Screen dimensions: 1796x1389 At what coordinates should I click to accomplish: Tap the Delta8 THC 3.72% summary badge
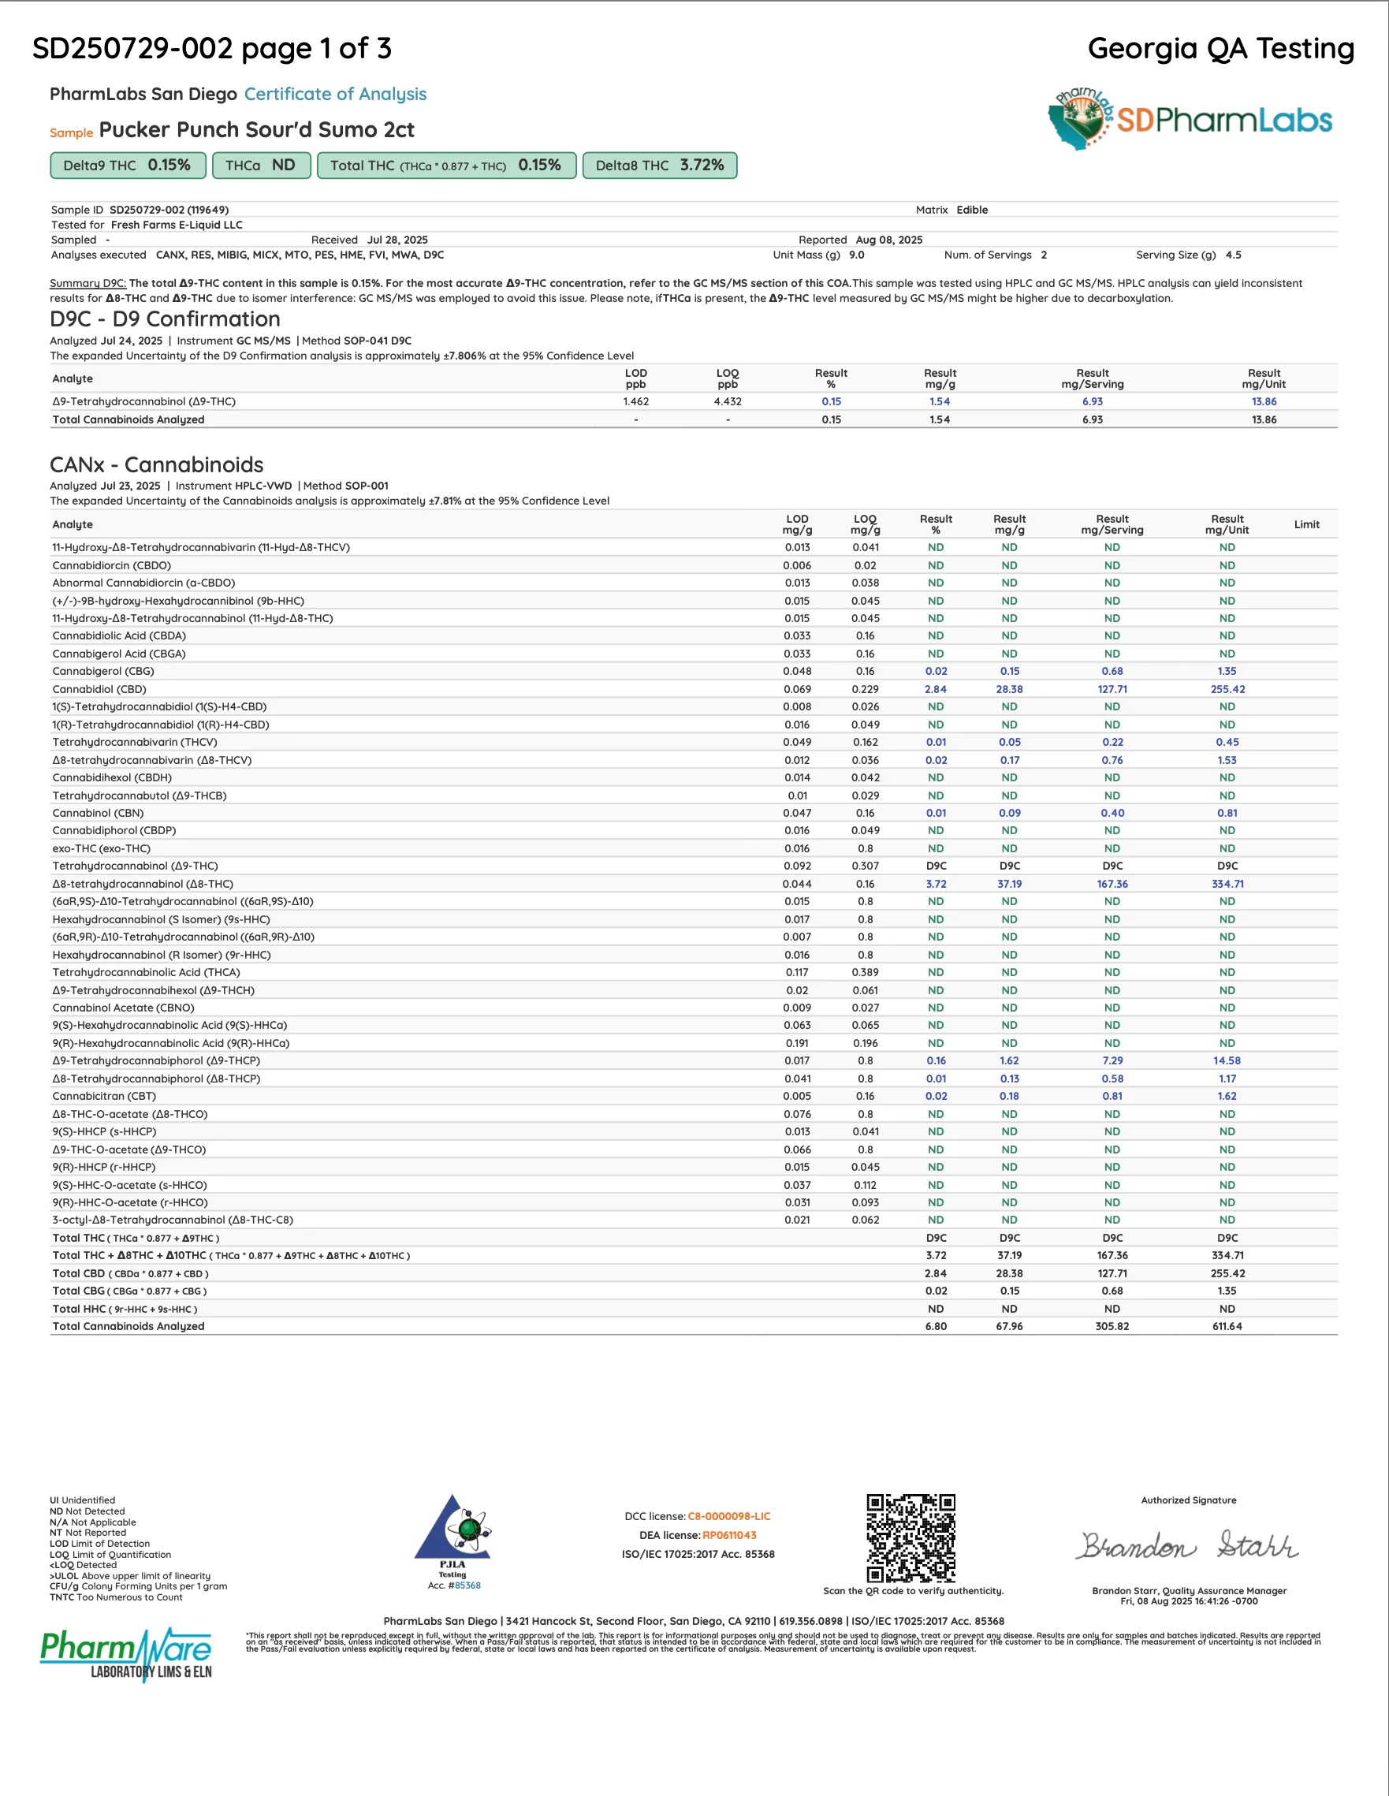(660, 166)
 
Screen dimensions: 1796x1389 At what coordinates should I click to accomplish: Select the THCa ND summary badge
(261, 166)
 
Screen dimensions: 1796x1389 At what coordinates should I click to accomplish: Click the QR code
(910, 1537)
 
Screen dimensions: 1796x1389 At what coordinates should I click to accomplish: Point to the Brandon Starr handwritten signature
(1188, 1546)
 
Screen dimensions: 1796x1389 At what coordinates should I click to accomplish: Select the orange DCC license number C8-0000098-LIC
(728, 1516)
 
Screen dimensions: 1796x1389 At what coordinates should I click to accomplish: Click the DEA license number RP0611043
(729, 1535)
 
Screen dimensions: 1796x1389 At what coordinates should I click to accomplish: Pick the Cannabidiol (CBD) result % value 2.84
(935, 689)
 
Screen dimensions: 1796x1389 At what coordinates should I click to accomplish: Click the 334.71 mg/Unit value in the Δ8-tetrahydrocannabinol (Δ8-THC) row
(1227, 884)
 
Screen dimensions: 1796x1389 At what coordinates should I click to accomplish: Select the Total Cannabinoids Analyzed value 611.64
(1227, 1326)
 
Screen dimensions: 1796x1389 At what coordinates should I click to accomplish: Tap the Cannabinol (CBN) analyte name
(98, 814)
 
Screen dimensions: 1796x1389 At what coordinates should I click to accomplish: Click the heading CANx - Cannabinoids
(156, 464)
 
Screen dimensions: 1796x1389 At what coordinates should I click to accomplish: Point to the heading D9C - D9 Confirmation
(165, 319)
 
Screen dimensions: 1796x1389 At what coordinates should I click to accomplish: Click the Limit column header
(1306, 524)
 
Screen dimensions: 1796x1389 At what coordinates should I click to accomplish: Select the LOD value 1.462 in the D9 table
(635, 401)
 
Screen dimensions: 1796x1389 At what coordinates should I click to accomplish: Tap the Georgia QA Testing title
(1220, 49)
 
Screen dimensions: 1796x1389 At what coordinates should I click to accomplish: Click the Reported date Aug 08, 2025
(889, 240)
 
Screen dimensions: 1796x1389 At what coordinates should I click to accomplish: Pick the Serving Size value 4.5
(1233, 255)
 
